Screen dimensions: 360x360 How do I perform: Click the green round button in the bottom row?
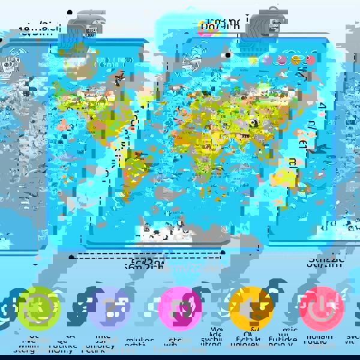[39, 308]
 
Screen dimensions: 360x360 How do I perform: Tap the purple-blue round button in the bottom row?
[109, 308]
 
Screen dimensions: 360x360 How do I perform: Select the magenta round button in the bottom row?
[180, 308]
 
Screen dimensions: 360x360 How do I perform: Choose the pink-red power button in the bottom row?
[322, 308]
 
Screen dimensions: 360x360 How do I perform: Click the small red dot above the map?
[310, 60]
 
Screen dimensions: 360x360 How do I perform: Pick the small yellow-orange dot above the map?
[296, 60]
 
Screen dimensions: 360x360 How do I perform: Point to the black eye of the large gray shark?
[227, 55]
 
